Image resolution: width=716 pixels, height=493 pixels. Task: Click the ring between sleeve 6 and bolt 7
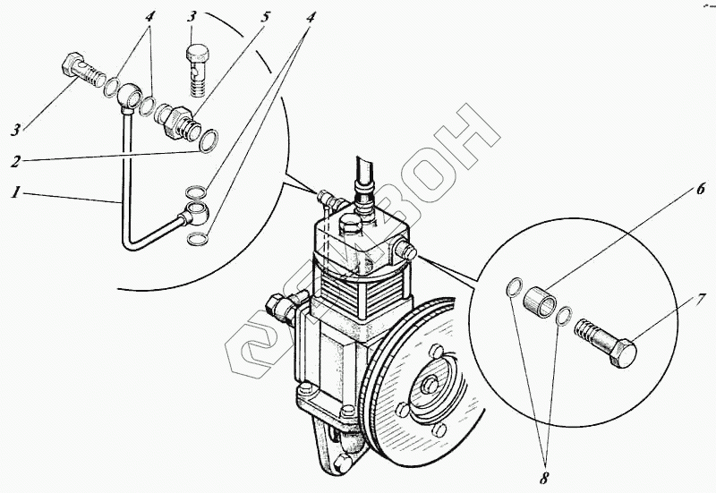click(x=564, y=315)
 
